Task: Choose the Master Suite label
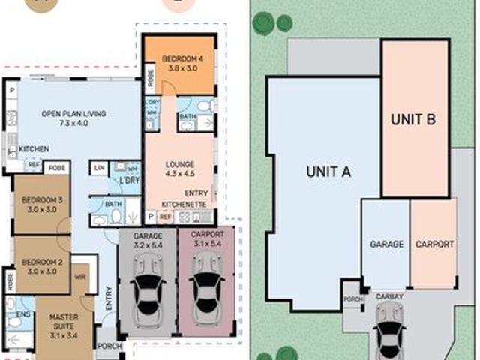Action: [x=63, y=321]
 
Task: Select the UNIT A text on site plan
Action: [x=328, y=172]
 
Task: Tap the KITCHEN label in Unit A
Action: [x=34, y=149]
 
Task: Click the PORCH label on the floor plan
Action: [x=110, y=346]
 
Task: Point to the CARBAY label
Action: [x=389, y=296]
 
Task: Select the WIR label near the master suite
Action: [x=79, y=277]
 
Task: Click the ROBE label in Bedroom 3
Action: [x=57, y=169]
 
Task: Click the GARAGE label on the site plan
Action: [x=386, y=244]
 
